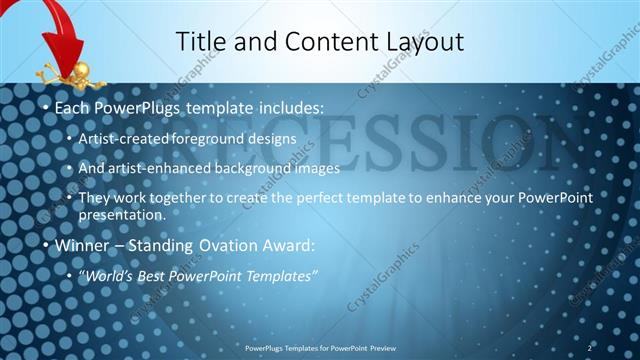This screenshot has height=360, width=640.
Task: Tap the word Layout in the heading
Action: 420,41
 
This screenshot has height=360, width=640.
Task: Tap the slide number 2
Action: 590,347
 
